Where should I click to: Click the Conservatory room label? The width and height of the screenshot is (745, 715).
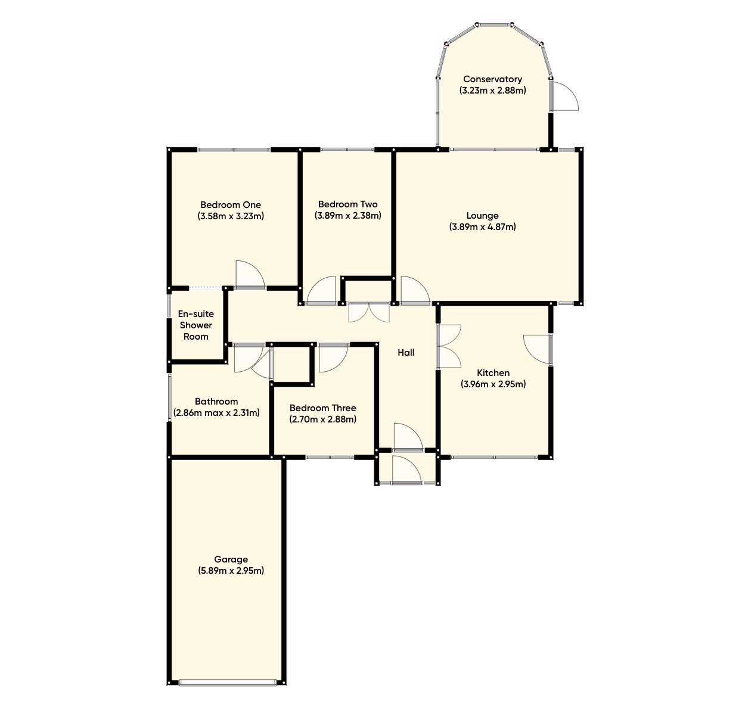pyautogui.click(x=492, y=79)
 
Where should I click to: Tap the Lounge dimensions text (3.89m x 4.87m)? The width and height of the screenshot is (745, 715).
pyautogui.click(x=482, y=227)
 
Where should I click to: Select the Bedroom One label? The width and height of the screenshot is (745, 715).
pyautogui.click(x=231, y=205)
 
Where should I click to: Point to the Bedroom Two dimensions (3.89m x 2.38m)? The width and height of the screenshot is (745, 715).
pyautogui.click(x=347, y=216)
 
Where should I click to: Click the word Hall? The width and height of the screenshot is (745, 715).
pyautogui.click(x=406, y=353)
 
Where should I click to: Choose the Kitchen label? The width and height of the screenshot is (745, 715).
pyautogui.click(x=493, y=373)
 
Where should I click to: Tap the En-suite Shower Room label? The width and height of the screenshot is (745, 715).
pyautogui.click(x=195, y=325)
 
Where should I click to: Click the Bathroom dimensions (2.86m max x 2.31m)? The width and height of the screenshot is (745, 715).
pyautogui.click(x=216, y=413)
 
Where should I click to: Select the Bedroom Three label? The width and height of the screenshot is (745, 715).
pyautogui.click(x=322, y=408)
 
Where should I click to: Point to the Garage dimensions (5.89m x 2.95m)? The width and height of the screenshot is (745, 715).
pyautogui.click(x=231, y=571)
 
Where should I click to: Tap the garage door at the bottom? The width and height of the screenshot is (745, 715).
pyautogui.click(x=228, y=683)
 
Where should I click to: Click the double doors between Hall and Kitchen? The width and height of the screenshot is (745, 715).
pyautogui.click(x=448, y=346)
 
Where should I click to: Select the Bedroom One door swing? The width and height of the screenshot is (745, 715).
pyautogui.click(x=249, y=275)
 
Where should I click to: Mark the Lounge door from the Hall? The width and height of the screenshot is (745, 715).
pyautogui.click(x=414, y=291)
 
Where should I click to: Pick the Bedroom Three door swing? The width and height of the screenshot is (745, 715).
pyautogui.click(x=333, y=357)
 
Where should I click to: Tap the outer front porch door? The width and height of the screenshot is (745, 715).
pyautogui.click(x=407, y=470)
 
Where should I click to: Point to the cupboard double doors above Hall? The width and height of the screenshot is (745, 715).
pyautogui.click(x=368, y=312)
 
